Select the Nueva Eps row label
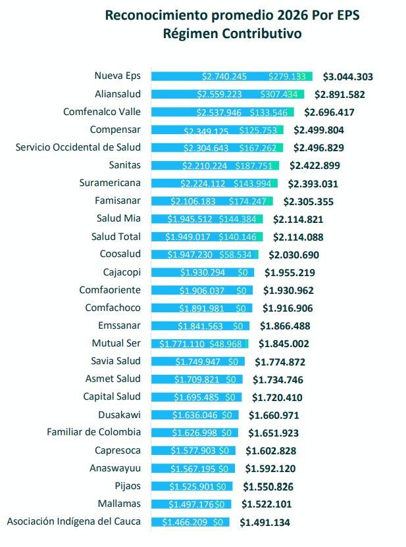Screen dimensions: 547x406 pos(117,76)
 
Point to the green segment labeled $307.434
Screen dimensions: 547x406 pos(283,94)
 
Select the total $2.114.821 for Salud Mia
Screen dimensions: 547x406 pos(298,219)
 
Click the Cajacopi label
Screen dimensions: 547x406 pos(122,272)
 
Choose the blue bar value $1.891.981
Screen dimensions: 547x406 pos(203,308)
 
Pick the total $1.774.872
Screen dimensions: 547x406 pos(280,362)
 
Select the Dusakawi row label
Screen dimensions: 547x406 pos(119,415)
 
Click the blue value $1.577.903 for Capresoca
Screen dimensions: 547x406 pos(193,451)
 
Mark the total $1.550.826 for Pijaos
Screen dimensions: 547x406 pos(268,487)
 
